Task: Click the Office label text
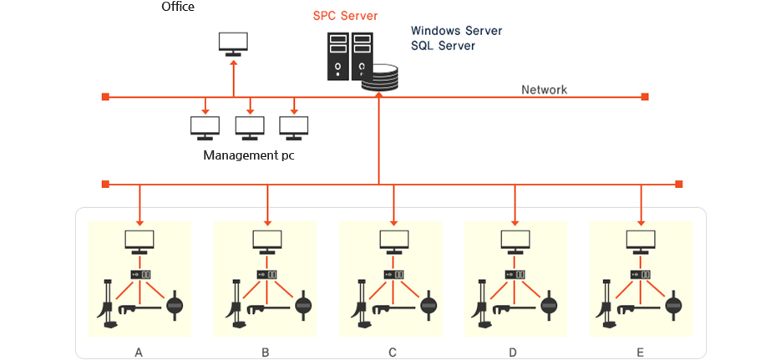pyautogui.click(x=178, y=7)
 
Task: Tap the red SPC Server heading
pyautogui.click(x=345, y=16)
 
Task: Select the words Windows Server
pyautogui.click(x=456, y=30)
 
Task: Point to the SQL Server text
pyautogui.click(x=443, y=46)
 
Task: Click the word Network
pyautogui.click(x=544, y=90)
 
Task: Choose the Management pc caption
pyautogui.click(x=249, y=155)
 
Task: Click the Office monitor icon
pyautogui.click(x=234, y=43)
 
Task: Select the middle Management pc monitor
pyautogui.click(x=250, y=128)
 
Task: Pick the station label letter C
pyautogui.click(x=393, y=353)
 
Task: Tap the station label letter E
pyautogui.click(x=640, y=353)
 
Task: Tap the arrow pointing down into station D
pyautogui.click(x=515, y=205)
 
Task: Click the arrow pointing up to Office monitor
pyautogui.click(x=234, y=77)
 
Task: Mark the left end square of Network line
pyautogui.click(x=105, y=97)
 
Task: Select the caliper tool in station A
pyautogui.click(x=139, y=309)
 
